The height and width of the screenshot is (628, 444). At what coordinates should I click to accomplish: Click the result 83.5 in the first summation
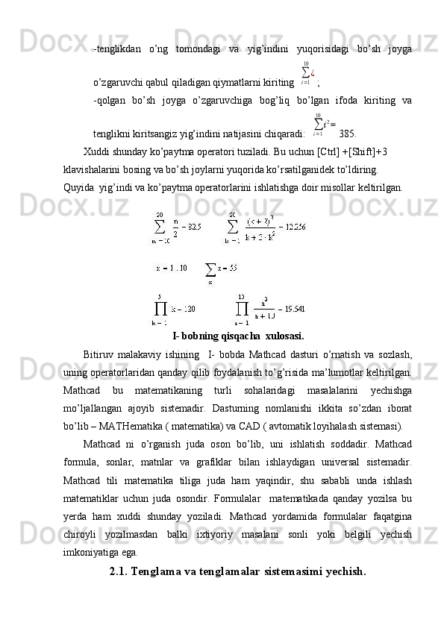point(192,226)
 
